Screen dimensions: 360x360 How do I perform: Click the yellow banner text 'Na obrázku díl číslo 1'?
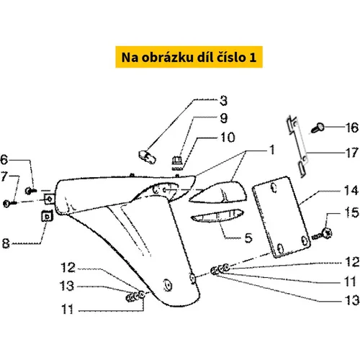pos(189,58)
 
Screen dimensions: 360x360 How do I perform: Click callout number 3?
pos(223,101)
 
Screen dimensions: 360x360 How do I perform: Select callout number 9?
pos(224,118)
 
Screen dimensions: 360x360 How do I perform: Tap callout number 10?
pos(228,138)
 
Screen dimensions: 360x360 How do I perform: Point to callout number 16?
pos(352,127)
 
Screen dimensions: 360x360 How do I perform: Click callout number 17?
pos(352,153)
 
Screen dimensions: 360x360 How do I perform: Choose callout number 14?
pos(352,191)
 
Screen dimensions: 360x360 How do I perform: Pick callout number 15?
pos(352,212)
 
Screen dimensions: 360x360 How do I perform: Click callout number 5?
pos(248,238)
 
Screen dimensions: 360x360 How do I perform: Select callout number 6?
pos(4,160)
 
